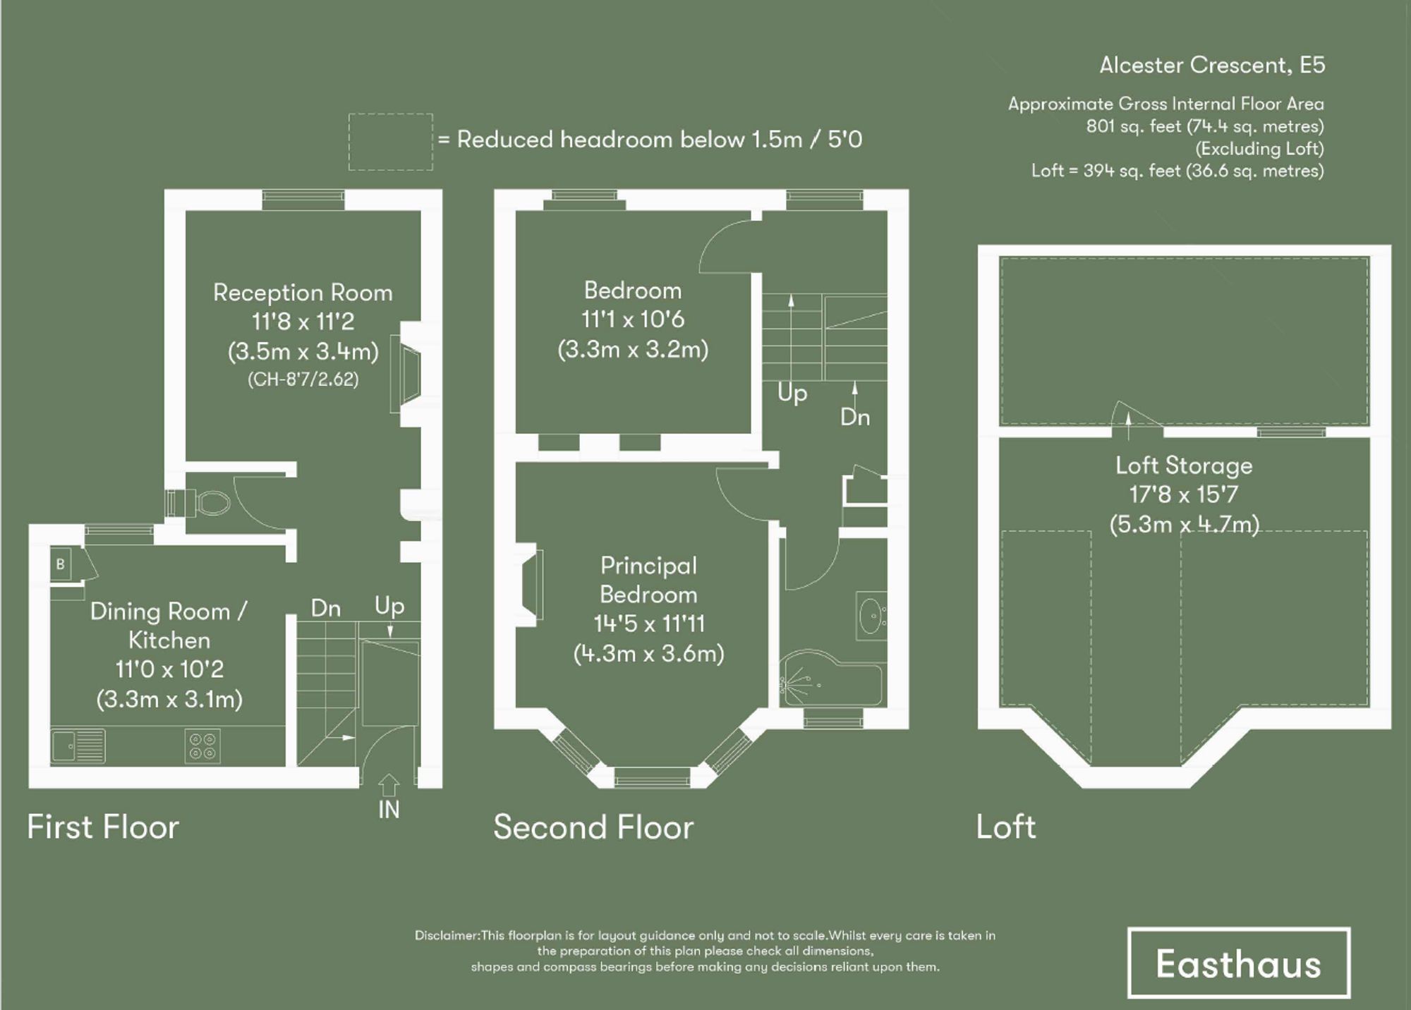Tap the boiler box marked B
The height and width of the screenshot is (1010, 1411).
(x=61, y=564)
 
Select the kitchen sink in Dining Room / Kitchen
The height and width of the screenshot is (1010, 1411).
(x=78, y=746)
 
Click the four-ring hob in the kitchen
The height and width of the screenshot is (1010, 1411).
(x=202, y=746)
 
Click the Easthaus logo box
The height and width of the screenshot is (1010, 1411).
(x=1238, y=963)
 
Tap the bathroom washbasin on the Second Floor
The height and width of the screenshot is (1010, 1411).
(x=871, y=616)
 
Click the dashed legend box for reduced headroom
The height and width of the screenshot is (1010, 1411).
(x=390, y=142)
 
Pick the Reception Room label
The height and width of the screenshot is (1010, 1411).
(x=303, y=293)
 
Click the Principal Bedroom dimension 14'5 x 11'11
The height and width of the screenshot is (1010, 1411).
(x=648, y=623)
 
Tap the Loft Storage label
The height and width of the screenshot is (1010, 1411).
(x=1184, y=466)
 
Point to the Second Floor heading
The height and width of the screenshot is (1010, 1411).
(x=593, y=827)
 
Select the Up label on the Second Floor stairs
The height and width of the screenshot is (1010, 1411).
(x=792, y=393)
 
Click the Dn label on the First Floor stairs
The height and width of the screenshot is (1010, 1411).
(x=325, y=608)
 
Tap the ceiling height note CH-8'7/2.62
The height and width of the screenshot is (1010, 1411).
(x=303, y=379)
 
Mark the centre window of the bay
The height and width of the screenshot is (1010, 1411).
(x=652, y=779)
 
